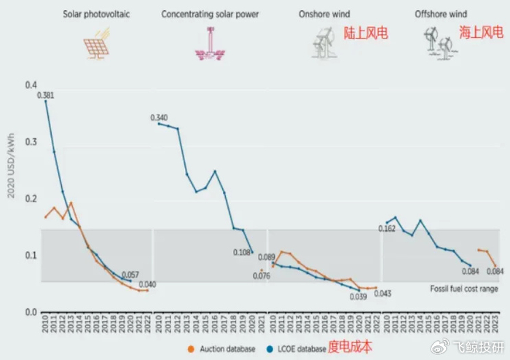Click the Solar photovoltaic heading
[x=96, y=14]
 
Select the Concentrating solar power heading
[x=210, y=14]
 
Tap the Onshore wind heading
[x=324, y=14]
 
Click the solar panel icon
[x=95, y=45]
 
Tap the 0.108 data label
[x=241, y=252]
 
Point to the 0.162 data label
[x=387, y=228]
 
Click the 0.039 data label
[x=357, y=297]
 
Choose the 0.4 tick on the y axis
[x=30, y=85]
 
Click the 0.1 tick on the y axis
[x=30, y=255]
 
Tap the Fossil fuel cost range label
[x=464, y=289]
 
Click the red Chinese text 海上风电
[x=481, y=33]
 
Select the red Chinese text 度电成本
[x=350, y=347]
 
